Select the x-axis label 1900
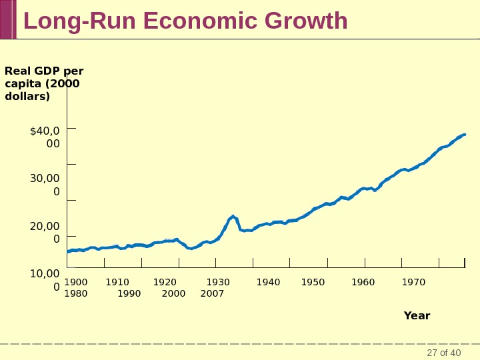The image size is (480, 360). [x=76, y=283]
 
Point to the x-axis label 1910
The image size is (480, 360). [x=117, y=283]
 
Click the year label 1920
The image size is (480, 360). [x=165, y=283]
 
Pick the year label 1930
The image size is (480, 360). [x=218, y=283]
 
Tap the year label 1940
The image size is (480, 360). [x=269, y=283]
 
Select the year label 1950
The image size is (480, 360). [x=313, y=283]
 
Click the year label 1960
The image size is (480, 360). [x=363, y=283]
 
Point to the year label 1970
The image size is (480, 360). [x=413, y=283]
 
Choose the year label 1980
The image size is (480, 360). [x=76, y=293]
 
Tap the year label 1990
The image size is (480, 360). [x=129, y=293]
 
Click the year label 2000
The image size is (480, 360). [x=174, y=293]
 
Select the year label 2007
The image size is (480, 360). [x=212, y=293]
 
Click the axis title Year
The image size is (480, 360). [x=417, y=316]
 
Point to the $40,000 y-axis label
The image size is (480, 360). [x=45, y=137]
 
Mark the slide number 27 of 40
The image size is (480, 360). [x=444, y=353]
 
